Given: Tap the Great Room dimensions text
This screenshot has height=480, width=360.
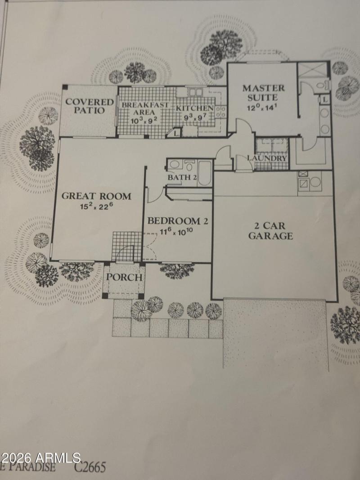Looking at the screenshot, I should (96, 207).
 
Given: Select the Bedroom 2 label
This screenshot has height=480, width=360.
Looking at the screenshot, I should (174, 221).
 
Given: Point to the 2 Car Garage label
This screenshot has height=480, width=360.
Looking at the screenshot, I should (271, 230).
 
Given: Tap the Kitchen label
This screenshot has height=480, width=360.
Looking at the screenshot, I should (194, 108).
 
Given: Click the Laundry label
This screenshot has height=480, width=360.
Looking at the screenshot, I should (266, 158).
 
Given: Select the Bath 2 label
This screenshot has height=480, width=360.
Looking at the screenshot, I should (182, 178).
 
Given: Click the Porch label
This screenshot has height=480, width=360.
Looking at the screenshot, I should (124, 277).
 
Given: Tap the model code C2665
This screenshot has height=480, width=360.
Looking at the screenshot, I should (90, 468).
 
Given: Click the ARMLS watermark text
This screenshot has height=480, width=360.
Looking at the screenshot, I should (40, 458).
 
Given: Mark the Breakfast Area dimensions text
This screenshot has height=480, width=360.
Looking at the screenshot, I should (143, 120).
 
